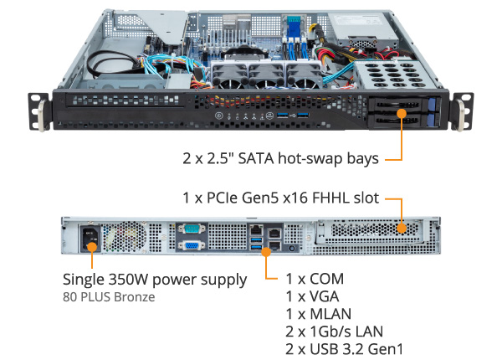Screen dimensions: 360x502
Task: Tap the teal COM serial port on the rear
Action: click(x=189, y=227)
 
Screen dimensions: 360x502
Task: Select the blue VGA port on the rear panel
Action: click(x=189, y=247)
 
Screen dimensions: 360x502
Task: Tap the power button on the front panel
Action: click(x=219, y=114)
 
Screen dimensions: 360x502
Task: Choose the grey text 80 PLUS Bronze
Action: click(x=109, y=296)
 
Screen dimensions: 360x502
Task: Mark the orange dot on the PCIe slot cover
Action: click(x=402, y=227)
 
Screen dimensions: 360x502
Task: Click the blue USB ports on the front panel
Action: click(x=300, y=113)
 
